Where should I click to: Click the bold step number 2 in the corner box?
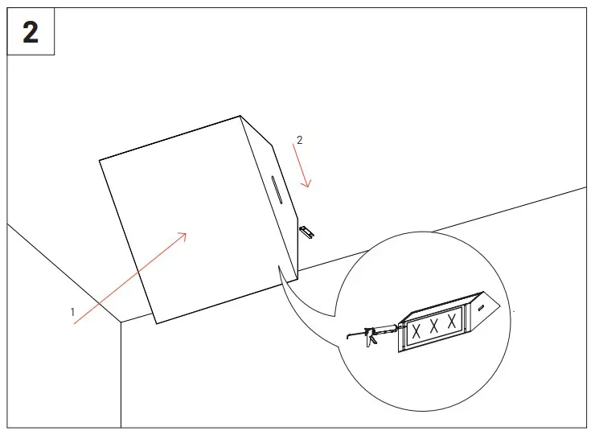point(31,33)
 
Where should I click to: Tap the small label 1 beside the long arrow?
point(72,311)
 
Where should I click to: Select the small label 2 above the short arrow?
point(300,140)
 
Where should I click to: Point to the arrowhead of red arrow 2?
point(307,185)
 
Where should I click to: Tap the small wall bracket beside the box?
point(307,232)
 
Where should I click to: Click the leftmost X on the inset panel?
point(416,330)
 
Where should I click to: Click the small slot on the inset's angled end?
point(481,306)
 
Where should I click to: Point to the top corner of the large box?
point(240,117)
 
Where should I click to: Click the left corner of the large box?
point(100,161)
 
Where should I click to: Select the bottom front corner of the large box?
point(156,323)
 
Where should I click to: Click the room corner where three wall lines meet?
point(121,322)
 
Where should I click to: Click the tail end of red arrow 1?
point(75,323)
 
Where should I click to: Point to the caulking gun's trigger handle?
point(371,341)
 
